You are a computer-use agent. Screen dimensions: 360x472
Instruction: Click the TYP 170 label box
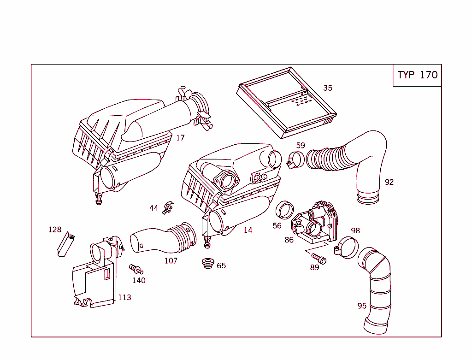(417, 75)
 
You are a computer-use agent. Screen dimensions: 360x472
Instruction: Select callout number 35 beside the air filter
(327, 88)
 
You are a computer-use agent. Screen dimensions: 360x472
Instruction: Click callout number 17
(180, 138)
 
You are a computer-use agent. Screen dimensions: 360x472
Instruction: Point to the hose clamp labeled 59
(295, 161)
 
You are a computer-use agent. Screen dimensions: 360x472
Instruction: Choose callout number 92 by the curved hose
(389, 182)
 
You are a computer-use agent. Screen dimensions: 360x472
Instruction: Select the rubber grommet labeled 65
(208, 264)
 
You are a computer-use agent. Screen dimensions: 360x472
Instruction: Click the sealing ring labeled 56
(285, 210)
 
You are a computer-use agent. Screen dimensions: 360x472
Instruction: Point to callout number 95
(362, 306)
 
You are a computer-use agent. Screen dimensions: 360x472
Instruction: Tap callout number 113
(124, 297)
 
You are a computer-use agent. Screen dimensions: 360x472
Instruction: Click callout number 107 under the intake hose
(171, 260)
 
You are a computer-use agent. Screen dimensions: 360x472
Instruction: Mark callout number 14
(248, 230)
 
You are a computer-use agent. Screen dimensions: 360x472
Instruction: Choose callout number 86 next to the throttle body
(289, 240)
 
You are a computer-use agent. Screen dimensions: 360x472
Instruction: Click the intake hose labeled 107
(161, 237)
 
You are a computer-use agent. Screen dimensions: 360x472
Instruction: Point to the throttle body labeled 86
(316, 221)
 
